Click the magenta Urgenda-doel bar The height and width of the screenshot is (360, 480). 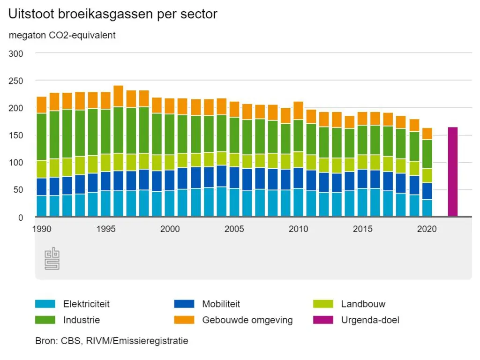coord(453,172)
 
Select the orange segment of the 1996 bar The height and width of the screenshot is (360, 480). coord(119,97)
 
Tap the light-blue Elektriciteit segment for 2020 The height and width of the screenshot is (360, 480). coord(427,208)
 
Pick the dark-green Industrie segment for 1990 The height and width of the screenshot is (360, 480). coord(42,137)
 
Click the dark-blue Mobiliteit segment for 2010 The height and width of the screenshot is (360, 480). coord(299,178)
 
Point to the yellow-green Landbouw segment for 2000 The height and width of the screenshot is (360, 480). coord(170,163)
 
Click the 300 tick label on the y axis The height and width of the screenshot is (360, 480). coord(16,53)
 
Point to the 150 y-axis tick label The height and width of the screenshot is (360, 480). coord(16,135)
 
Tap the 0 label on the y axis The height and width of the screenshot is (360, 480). coord(21,217)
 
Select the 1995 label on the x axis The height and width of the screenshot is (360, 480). coord(106,229)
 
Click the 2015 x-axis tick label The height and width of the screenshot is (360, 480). coord(363,229)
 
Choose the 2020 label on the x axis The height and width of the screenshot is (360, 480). coord(427,229)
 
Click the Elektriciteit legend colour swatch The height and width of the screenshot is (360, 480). coord(45,304)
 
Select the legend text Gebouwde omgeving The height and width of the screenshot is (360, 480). coord(247,320)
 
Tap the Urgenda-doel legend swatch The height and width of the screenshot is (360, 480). coord(323,320)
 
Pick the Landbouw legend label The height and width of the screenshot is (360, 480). coord(363,304)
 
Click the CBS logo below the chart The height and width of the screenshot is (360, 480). coord(52,258)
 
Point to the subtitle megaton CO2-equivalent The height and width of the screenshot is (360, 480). coord(62,36)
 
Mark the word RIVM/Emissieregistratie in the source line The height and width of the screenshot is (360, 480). coord(137,341)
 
